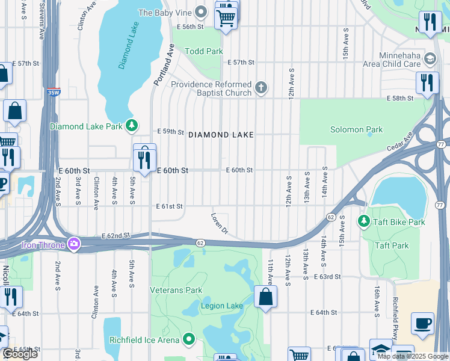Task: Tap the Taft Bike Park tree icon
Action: (363, 222)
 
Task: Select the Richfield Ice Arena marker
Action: (189, 339)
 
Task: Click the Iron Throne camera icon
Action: (74, 243)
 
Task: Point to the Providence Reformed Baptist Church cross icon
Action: (261, 88)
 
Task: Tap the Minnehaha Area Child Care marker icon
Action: (430, 59)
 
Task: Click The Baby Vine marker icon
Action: (202, 12)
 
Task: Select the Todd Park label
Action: (204, 51)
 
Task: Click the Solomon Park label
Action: (356, 129)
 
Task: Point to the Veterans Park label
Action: (176, 290)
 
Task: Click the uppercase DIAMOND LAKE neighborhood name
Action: (221, 135)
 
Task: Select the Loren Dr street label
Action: (220, 222)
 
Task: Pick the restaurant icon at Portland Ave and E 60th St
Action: (144, 159)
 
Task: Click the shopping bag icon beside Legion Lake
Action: (265, 297)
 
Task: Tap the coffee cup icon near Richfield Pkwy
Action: (422, 323)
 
